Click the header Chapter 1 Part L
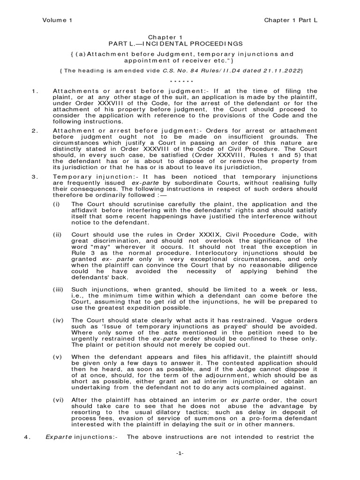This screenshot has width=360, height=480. (x=291, y=20)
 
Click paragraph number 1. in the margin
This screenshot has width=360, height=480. (x=34, y=90)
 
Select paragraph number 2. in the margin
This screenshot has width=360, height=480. (x=34, y=130)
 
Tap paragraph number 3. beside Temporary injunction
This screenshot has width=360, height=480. (x=34, y=176)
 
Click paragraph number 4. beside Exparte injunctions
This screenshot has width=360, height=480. (x=27, y=437)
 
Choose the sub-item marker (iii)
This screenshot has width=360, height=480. (x=58, y=289)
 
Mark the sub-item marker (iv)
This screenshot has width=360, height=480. (x=58, y=320)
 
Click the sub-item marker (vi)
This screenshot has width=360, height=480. (x=58, y=399)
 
